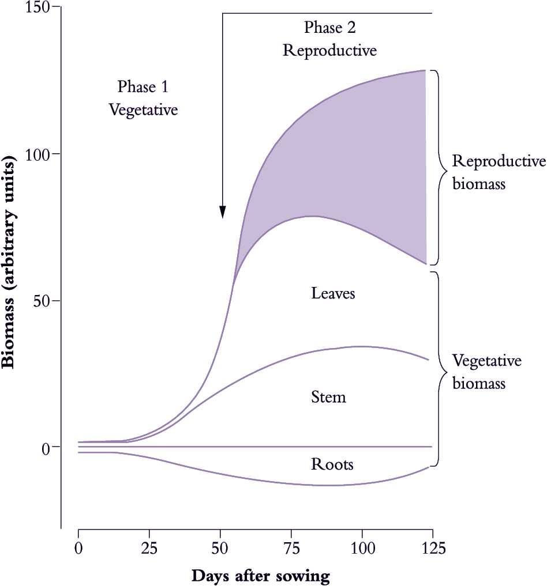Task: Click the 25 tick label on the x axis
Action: pos(149,548)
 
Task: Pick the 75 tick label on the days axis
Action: pos(291,548)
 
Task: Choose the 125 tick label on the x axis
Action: pos(432,548)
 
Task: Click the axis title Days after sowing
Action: pos(260,575)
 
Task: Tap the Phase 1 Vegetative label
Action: pos(143,98)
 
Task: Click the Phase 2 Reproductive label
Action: pos(329,39)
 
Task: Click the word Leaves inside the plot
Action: pos(333,293)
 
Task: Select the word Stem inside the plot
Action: pos(328,397)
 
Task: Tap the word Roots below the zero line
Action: pos(332,464)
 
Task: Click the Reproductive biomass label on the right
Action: pos(499,172)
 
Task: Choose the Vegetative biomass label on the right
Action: pos(486,372)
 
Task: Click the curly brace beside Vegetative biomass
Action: pos(440,369)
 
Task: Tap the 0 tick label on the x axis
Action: pos(78,548)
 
